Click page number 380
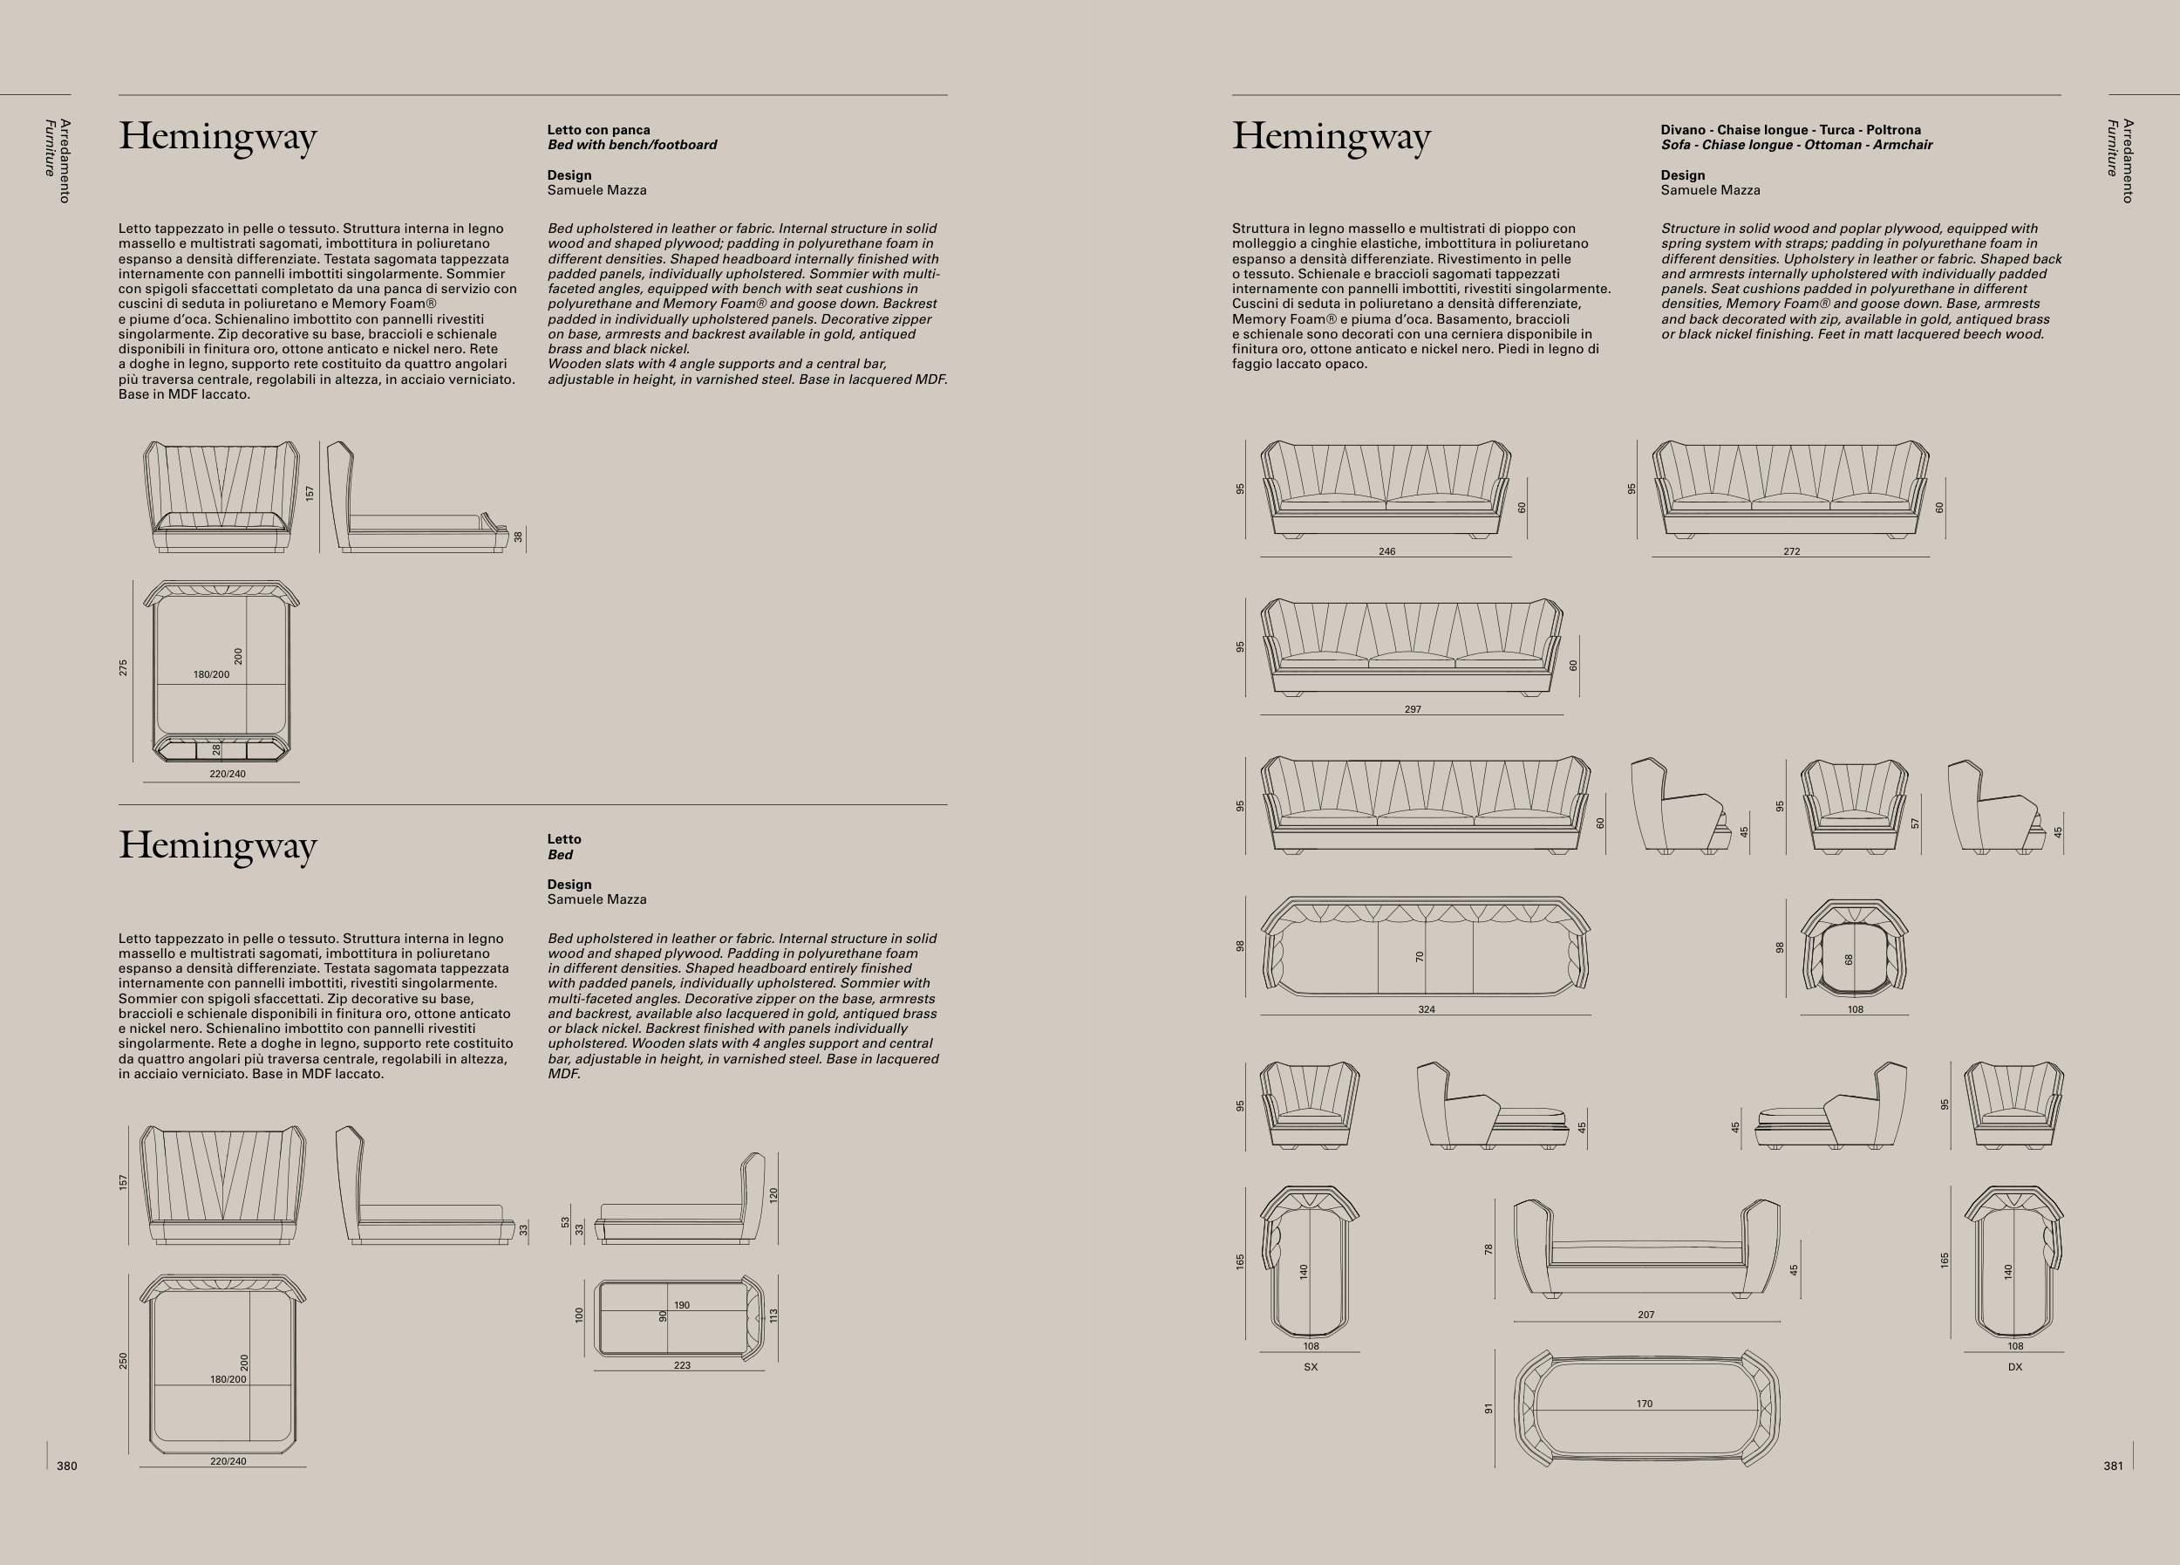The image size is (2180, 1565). (x=66, y=1466)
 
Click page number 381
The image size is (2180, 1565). (x=2113, y=1466)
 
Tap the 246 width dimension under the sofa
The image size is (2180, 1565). (x=1386, y=552)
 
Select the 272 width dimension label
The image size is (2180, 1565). (x=1792, y=552)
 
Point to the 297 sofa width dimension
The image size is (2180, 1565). (x=1412, y=709)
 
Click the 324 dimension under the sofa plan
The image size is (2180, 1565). (x=1427, y=1009)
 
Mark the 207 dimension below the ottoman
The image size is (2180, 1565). (x=1646, y=1314)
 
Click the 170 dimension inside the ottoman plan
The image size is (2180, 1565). (x=1645, y=1404)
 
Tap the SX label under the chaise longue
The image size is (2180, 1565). (x=1310, y=1367)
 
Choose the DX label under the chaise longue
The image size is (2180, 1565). (x=2014, y=1367)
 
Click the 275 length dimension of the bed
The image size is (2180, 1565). (x=123, y=667)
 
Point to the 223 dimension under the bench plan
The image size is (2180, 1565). (x=682, y=1365)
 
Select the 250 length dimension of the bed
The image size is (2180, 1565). (x=123, y=1361)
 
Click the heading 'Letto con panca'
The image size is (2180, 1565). (x=599, y=130)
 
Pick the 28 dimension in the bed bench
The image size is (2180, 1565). (x=216, y=748)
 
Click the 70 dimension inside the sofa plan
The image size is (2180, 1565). (x=1420, y=956)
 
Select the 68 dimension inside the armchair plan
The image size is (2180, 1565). (x=1849, y=960)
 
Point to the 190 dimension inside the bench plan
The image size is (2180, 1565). (x=682, y=1305)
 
